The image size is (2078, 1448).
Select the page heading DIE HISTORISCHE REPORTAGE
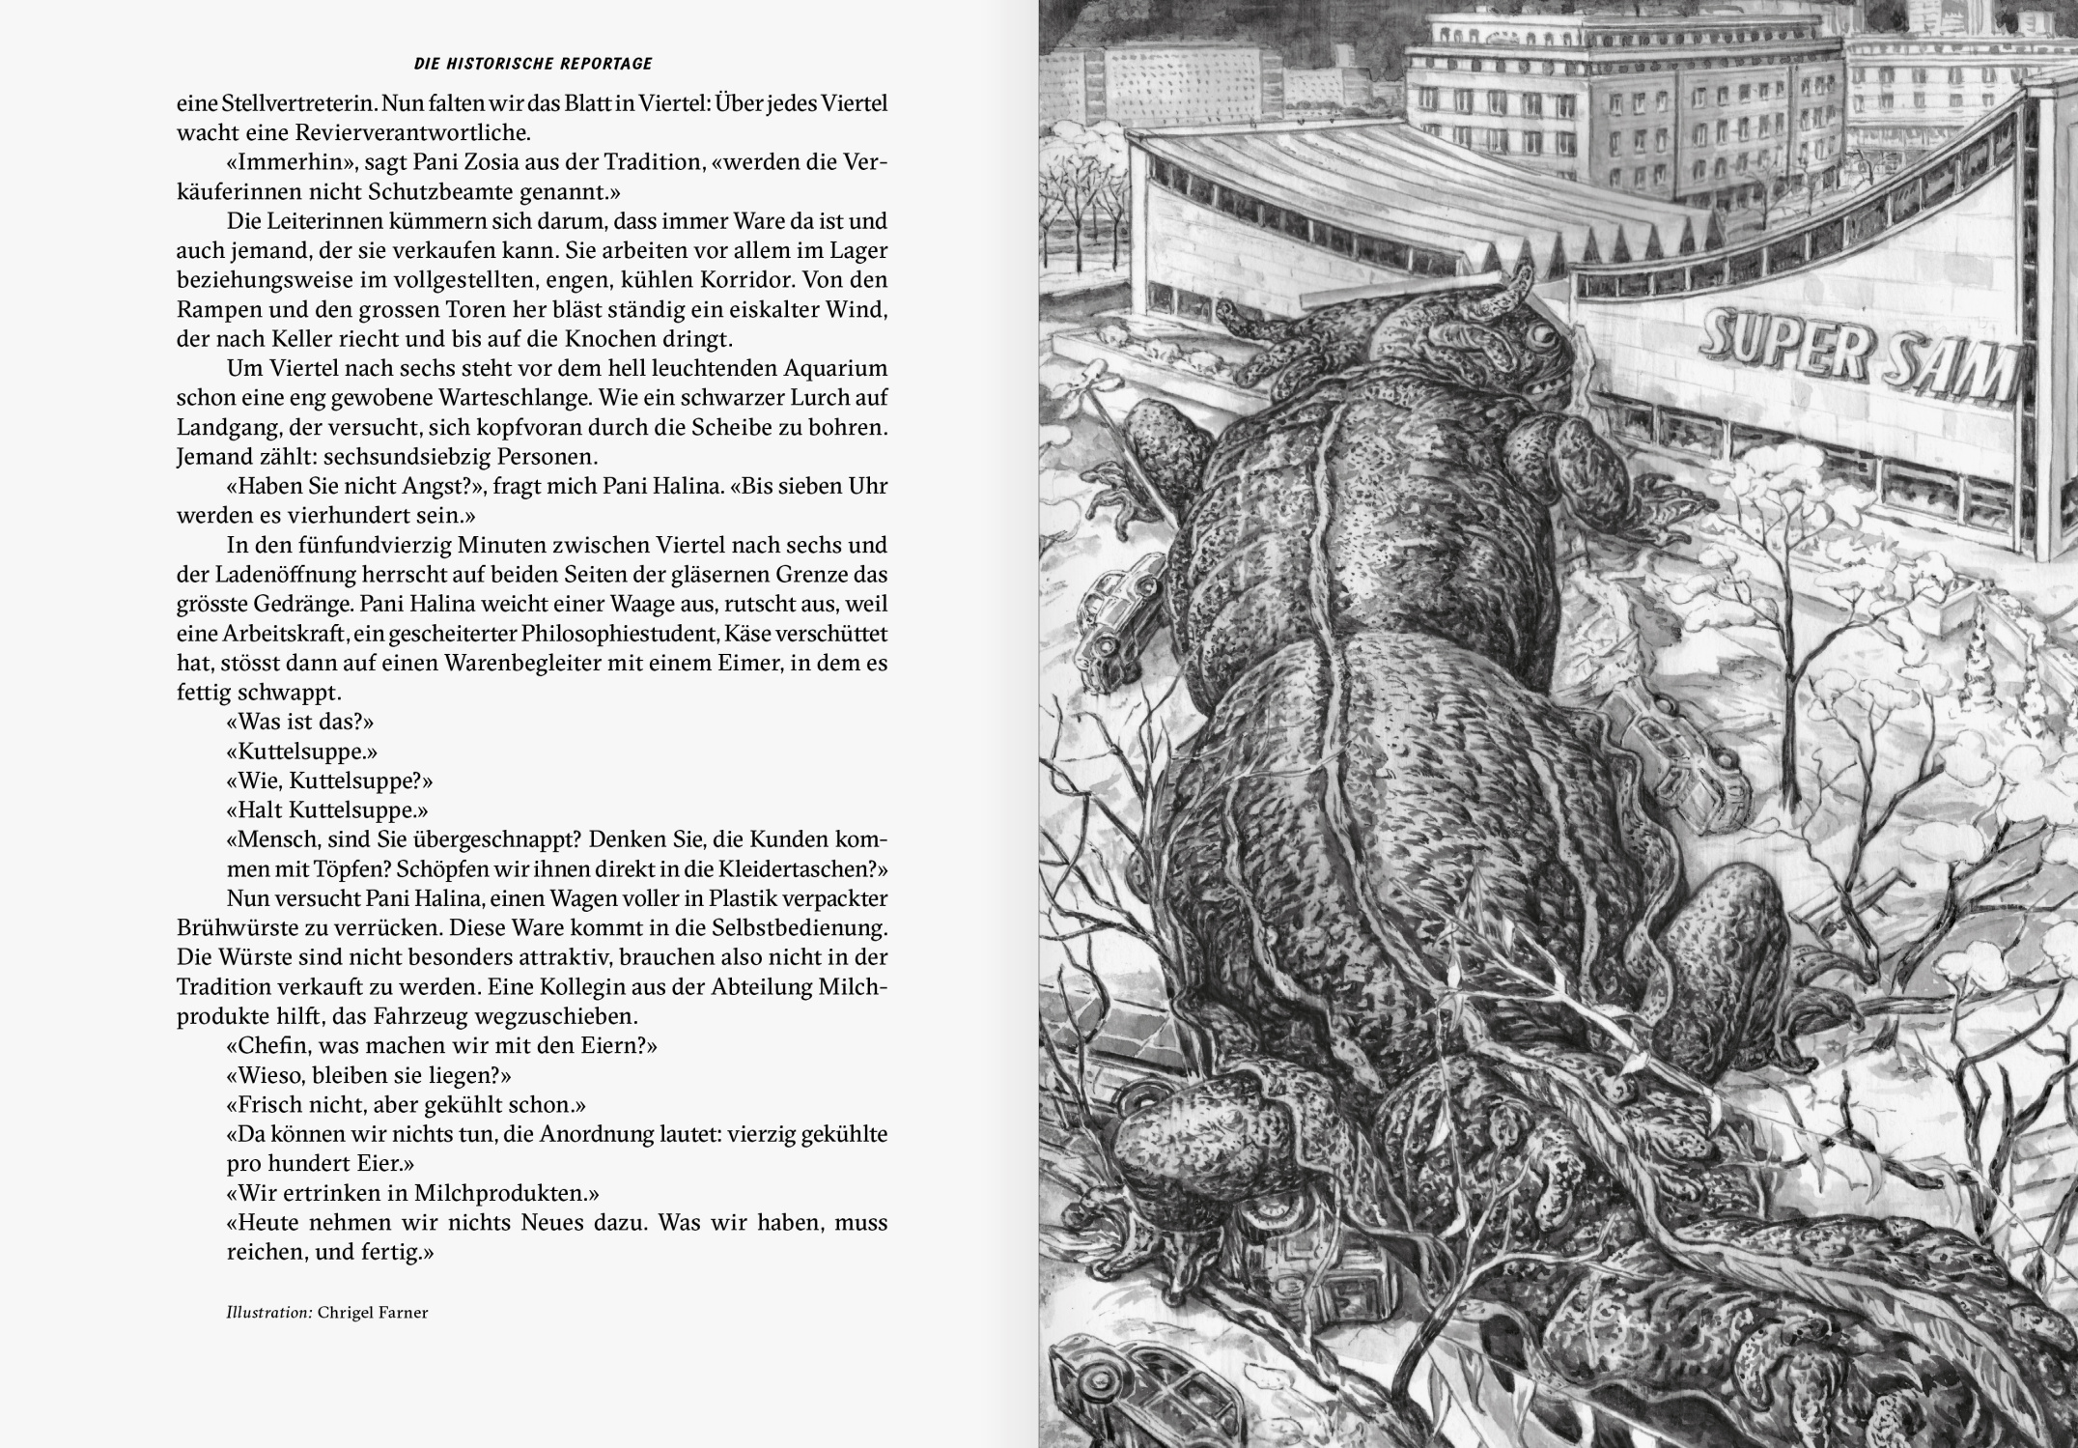coord(533,64)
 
